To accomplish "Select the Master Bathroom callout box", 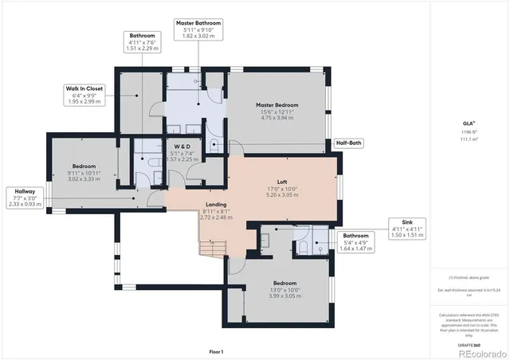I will (198, 29).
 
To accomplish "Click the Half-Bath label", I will (349, 143).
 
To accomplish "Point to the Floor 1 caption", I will (216, 351).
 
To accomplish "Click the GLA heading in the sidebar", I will (469, 124).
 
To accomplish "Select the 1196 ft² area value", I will (469, 131).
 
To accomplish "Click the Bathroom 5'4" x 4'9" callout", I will (355, 242).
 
